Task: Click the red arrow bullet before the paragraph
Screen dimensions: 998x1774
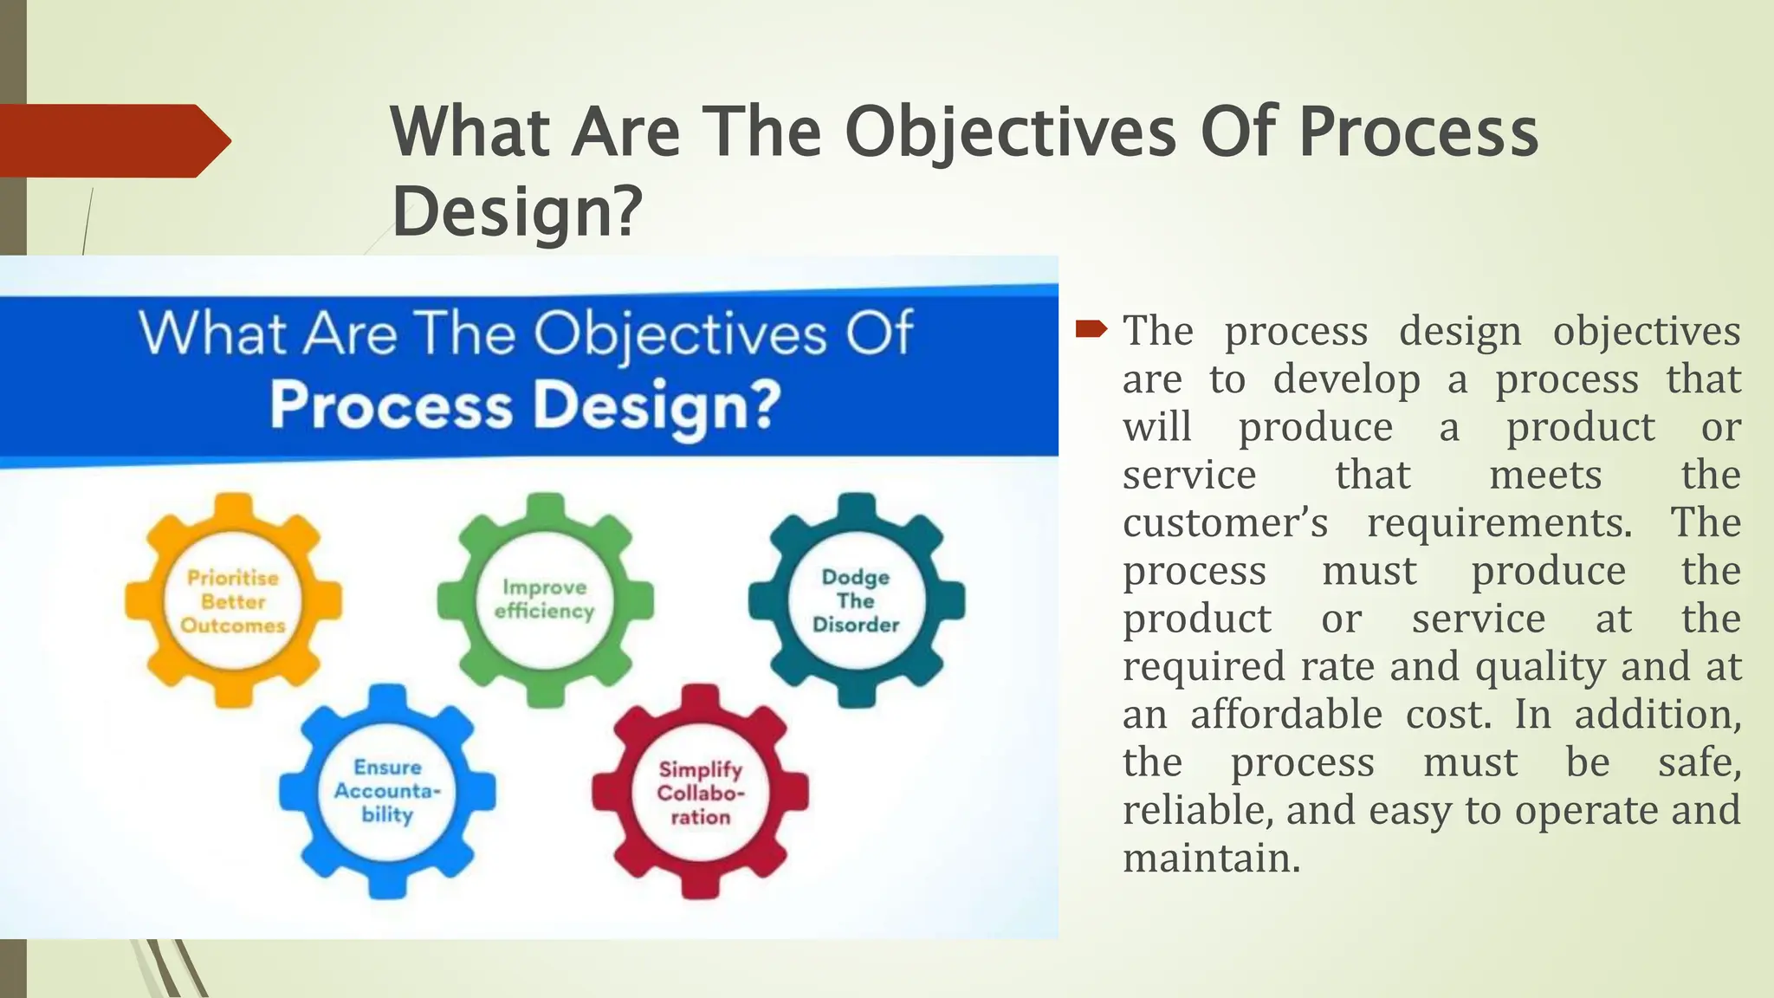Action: point(1091,329)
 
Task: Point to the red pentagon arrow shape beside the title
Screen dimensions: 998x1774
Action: point(113,140)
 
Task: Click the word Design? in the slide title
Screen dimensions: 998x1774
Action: point(517,211)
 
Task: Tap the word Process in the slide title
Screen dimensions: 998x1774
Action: point(1418,132)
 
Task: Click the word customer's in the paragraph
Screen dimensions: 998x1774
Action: point(1225,522)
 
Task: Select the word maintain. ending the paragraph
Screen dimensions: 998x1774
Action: point(1211,859)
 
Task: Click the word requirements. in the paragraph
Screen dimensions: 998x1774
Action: point(1499,522)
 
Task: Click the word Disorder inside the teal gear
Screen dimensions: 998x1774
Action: point(856,625)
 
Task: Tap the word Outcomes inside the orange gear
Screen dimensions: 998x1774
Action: point(232,625)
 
